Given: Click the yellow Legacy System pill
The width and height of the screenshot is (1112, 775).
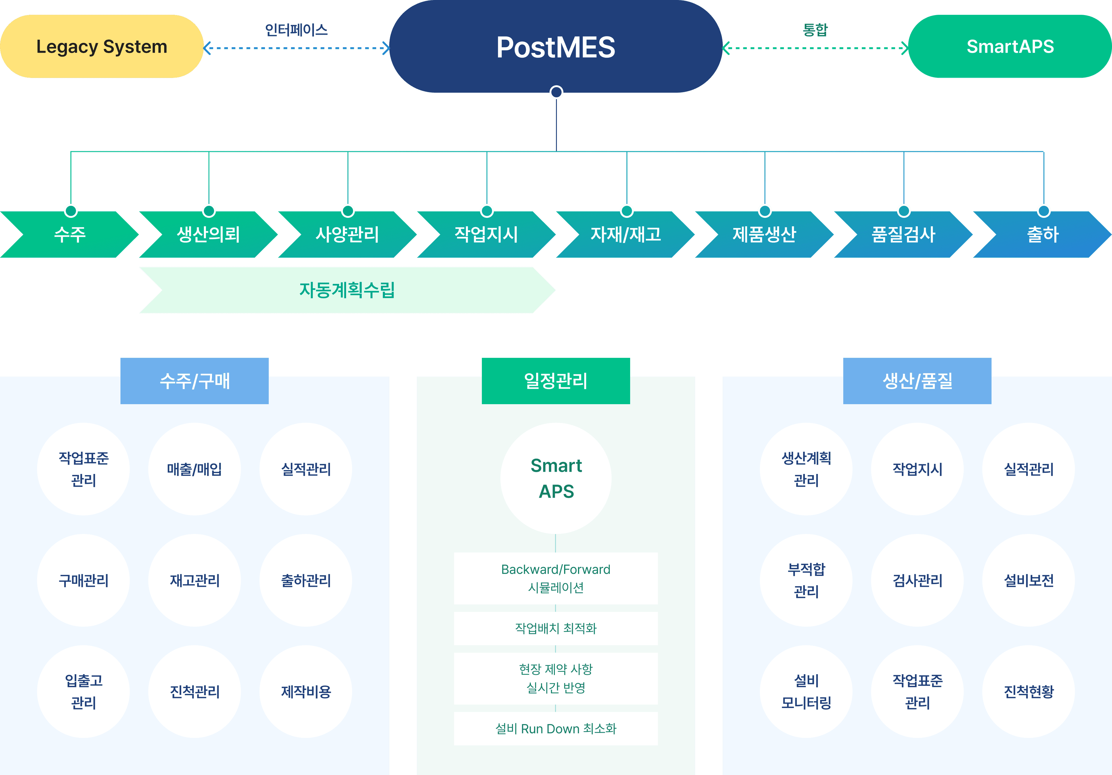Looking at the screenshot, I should pyautogui.click(x=102, y=47).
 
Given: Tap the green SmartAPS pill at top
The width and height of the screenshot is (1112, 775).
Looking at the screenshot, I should pyautogui.click(x=1010, y=47).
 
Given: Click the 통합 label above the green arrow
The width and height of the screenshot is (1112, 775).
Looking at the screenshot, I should pyautogui.click(x=815, y=30).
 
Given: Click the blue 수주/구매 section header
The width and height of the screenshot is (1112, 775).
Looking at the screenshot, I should pyautogui.click(x=194, y=381).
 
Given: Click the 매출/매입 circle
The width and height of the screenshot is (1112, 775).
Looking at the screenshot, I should pyautogui.click(x=194, y=469).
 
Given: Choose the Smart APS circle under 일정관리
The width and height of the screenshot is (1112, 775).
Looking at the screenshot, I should pyautogui.click(x=556, y=478).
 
